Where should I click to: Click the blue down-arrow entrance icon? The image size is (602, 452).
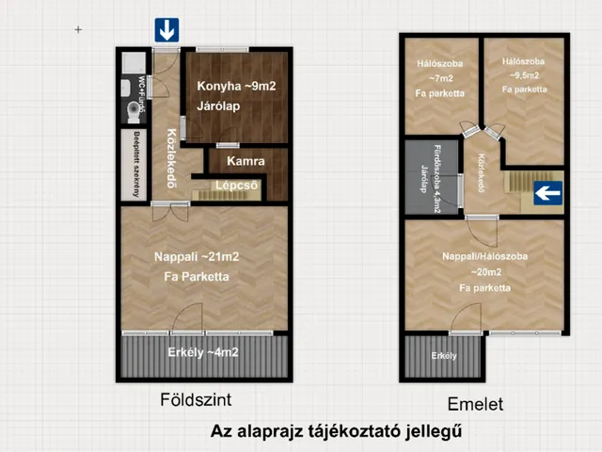pyautogui.click(x=166, y=31)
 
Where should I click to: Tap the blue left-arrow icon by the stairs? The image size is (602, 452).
pyautogui.click(x=547, y=194)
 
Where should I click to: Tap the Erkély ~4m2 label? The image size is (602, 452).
pyautogui.click(x=202, y=353)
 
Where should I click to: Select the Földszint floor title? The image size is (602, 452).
pyautogui.click(x=197, y=399)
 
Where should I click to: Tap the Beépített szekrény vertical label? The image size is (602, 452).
pyautogui.click(x=136, y=166)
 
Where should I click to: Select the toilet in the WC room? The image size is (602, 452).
pyautogui.click(x=131, y=112)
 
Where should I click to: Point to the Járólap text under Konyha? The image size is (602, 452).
pyautogui.click(x=217, y=105)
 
